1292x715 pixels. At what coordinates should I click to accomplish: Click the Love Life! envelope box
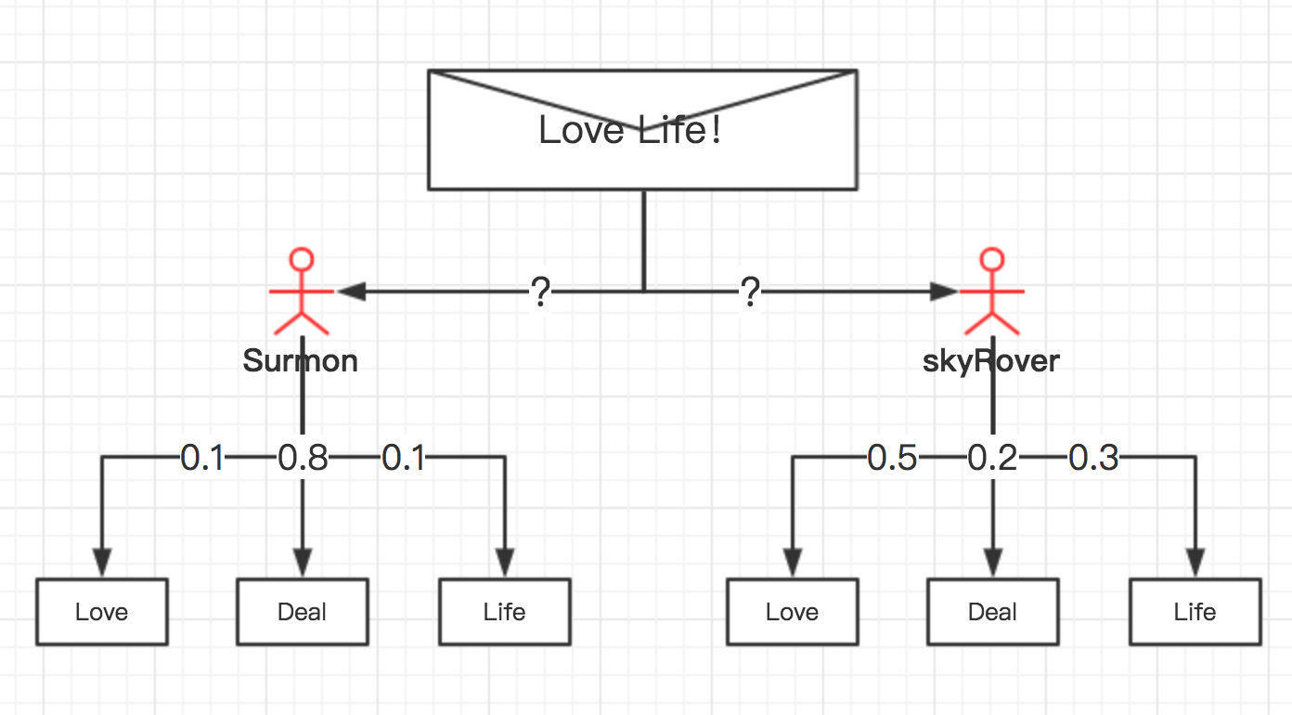click(641, 130)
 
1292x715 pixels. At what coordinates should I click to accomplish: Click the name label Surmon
click(301, 360)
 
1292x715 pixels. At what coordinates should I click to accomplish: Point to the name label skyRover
click(991, 360)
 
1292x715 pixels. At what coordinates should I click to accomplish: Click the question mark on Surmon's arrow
click(541, 292)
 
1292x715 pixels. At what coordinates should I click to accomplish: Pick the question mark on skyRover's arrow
click(750, 292)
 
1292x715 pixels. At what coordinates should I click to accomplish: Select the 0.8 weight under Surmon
click(304, 458)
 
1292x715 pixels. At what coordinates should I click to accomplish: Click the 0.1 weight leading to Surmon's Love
click(202, 458)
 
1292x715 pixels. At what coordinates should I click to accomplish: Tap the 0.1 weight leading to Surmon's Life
click(404, 458)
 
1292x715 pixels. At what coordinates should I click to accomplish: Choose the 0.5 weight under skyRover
click(892, 458)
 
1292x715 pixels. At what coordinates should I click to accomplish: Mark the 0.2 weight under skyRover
click(993, 458)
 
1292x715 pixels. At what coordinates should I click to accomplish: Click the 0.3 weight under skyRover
click(1094, 458)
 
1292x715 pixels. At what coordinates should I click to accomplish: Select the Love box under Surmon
click(102, 612)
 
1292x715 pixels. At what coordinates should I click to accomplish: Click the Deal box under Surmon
click(303, 612)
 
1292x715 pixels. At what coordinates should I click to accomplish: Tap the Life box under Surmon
click(505, 612)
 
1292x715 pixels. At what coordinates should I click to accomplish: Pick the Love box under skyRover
click(792, 612)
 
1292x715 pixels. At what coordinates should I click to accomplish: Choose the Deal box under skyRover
click(992, 612)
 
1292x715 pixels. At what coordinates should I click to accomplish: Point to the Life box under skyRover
click(1195, 612)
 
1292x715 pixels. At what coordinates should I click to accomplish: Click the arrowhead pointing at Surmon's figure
click(351, 292)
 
